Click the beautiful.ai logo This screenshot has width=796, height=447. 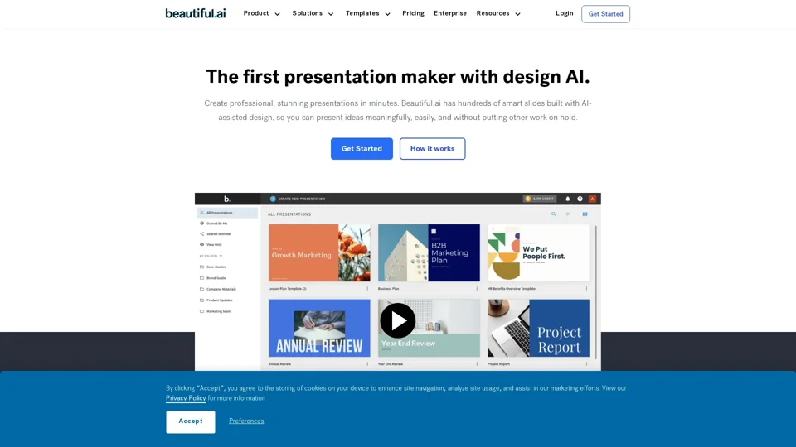(195, 13)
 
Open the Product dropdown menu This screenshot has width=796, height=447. (261, 13)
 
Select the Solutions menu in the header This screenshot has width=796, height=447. (313, 13)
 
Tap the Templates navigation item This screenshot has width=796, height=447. (367, 13)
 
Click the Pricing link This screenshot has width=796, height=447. (413, 13)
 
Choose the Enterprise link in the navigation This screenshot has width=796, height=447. (450, 13)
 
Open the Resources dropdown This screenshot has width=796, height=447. (498, 13)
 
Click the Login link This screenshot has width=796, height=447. (565, 13)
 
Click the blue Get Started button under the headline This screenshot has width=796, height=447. (362, 149)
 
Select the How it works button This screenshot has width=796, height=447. (432, 149)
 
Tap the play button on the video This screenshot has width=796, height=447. (398, 320)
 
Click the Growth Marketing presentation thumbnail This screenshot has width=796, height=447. (319, 253)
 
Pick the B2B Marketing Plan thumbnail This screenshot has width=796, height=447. (429, 253)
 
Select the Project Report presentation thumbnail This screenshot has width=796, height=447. (538, 329)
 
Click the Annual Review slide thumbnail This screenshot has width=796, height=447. (319, 329)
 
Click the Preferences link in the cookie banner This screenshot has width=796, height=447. (246, 421)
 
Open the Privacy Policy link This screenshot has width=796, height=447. (186, 398)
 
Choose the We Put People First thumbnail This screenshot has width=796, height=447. (538, 253)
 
